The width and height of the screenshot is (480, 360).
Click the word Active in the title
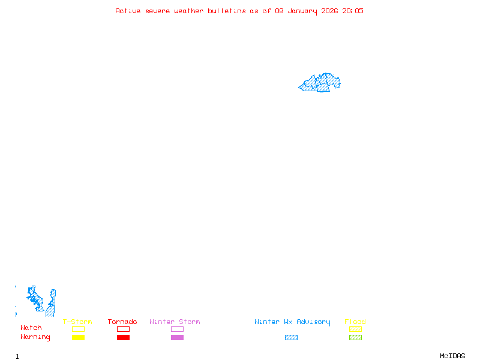(x=128, y=11)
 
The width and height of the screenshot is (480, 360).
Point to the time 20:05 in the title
(x=353, y=11)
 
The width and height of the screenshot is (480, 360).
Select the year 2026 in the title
(x=329, y=11)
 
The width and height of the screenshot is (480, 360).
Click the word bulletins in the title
(x=226, y=11)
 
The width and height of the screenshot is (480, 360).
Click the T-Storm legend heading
(x=77, y=322)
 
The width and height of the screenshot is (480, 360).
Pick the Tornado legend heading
(x=122, y=322)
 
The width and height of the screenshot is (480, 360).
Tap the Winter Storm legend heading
(x=175, y=322)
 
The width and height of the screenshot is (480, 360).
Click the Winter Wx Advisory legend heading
(x=292, y=322)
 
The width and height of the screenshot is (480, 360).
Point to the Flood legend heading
(x=355, y=322)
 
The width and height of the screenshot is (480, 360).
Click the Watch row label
(x=31, y=328)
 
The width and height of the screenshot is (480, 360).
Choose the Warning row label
(x=35, y=337)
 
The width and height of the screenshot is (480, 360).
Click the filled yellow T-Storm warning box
(x=78, y=338)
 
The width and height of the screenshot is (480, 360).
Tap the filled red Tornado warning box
(x=123, y=338)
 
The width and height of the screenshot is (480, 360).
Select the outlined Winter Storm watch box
(x=177, y=329)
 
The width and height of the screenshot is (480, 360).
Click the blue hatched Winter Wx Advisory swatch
(x=291, y=338)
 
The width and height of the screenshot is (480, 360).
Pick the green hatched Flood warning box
(x=355, y=338)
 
